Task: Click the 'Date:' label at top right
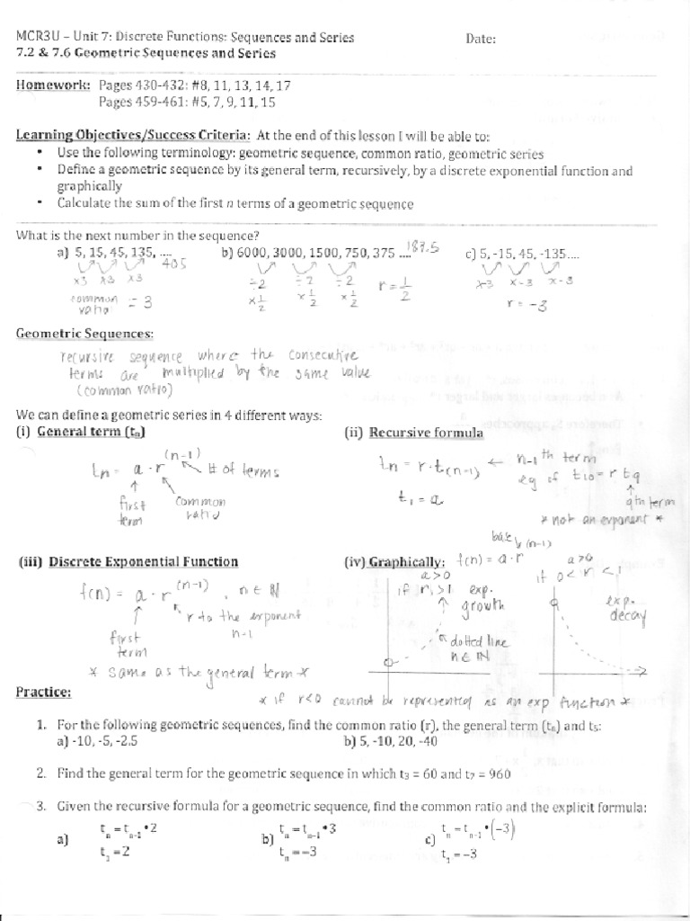tap(482, 39)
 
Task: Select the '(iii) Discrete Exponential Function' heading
tap(128, 562)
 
